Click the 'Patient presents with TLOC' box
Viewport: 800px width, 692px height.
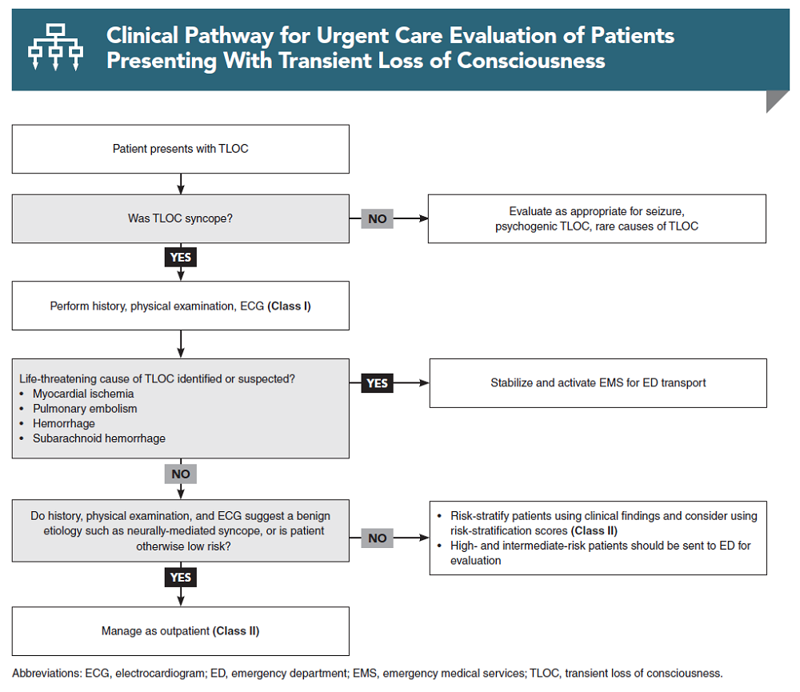(180, 149)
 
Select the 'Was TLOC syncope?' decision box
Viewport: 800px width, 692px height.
(180, 218)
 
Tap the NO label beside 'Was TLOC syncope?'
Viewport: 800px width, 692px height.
(377, 218)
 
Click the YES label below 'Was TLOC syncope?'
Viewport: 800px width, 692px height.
(180, 258)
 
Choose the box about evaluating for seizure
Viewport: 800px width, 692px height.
(597, 218)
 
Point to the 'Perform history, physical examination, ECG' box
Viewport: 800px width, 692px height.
(180, 306)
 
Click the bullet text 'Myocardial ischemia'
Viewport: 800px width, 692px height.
(83, 394)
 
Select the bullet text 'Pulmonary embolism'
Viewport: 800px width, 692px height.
(85, 409)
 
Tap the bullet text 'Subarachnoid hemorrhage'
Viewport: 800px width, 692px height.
(99, 438)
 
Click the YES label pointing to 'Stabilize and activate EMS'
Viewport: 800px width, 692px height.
(377, 383)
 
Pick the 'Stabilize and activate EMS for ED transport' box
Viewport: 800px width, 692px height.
(598, 383)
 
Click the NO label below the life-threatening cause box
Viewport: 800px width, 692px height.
(180, 474)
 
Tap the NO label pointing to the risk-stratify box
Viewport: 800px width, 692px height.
(377, 538)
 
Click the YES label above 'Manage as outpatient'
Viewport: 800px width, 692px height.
(180, 577)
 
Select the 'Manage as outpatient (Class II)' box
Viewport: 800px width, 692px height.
(180, 631)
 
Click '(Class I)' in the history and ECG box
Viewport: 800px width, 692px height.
(289, 306)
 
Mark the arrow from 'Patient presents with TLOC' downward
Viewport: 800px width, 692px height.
(181, 184)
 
